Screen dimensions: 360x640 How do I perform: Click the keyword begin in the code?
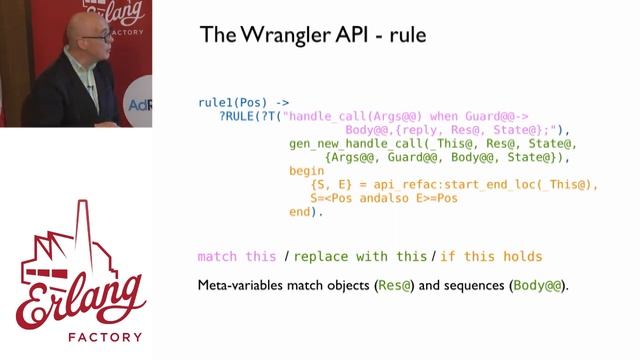(x=306, y=171)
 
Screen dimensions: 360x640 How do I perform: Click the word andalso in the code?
(x=390, y=198)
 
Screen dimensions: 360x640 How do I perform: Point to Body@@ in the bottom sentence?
(x=537, y=286)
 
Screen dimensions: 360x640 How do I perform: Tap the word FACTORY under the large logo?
(x=76, y=337)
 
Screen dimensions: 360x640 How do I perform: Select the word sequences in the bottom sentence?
(x=473, y=286)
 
